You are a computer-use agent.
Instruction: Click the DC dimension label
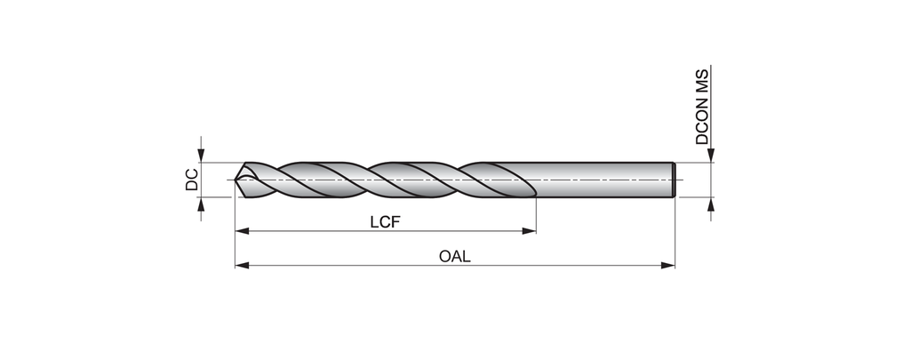point(191,180)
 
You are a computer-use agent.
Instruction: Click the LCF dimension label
point(386,220)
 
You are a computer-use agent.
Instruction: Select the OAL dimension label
point(454,256)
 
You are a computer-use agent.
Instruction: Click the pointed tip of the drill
point(237,180)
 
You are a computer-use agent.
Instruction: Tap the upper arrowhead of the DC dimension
point(202,156)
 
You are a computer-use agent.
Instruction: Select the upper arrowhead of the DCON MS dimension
point(710,156)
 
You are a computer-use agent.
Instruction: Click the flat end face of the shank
point(677,180)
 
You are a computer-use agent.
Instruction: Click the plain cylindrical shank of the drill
point(604,180)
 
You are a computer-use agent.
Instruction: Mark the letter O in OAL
point(444,256)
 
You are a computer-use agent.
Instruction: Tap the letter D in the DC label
point(191,186)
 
